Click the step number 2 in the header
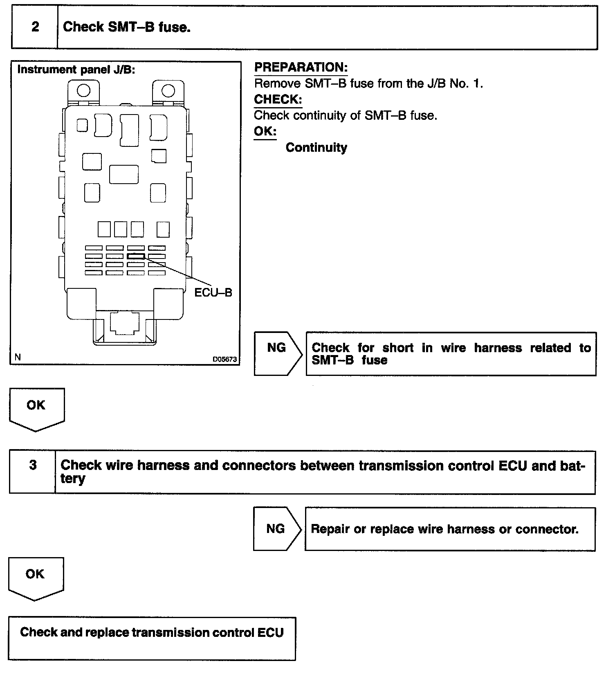35,27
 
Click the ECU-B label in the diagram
213,292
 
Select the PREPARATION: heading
301,67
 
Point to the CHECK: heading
278,99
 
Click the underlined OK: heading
265,131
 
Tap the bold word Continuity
316,147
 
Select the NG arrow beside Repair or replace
276,529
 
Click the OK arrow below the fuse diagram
36,408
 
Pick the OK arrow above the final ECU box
35,577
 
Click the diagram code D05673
224,359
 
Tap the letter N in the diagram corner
18,357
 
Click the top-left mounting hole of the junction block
83,90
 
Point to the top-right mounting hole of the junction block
168,90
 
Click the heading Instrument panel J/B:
76,70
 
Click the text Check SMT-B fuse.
127,27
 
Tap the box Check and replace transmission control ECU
152,638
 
